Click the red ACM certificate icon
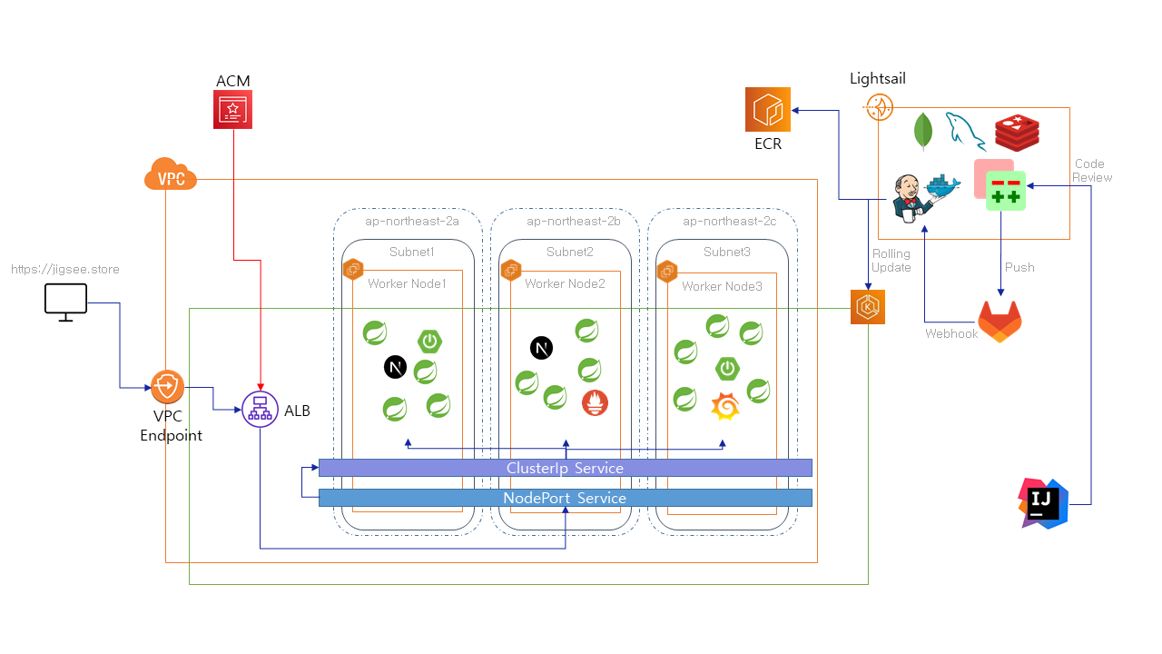pos(233,110)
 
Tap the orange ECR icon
pos(768,110)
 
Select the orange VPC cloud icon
pos(171,174)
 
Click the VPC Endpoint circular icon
pos(167,387)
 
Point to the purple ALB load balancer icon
pos(260,410)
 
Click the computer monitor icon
pos(66,301)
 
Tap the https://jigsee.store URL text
pos(65,270)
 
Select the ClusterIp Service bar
pos(565,468)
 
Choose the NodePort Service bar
pos(565,498)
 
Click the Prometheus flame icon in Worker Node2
pos(595,402)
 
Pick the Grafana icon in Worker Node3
pos(724,407)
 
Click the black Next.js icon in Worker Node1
pos(395,367)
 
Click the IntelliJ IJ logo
pos(1044,503)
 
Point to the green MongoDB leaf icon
pos(923,131)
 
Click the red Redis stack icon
pos(1017,133)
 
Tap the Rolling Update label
pos(891,261)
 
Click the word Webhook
pos(951,334)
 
